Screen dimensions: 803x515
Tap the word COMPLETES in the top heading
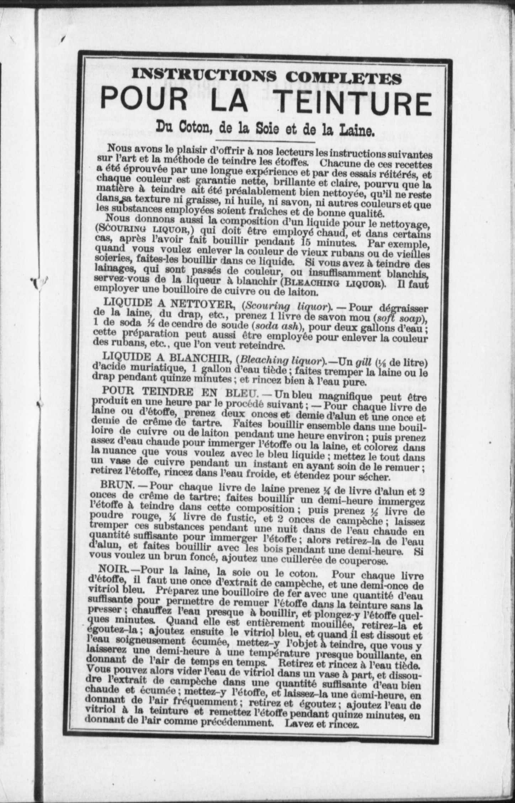click(x=344, y=77)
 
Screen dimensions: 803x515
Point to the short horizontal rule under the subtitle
click(x=266, y=142)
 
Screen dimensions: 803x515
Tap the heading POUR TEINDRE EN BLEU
click(x=174, y=392)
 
